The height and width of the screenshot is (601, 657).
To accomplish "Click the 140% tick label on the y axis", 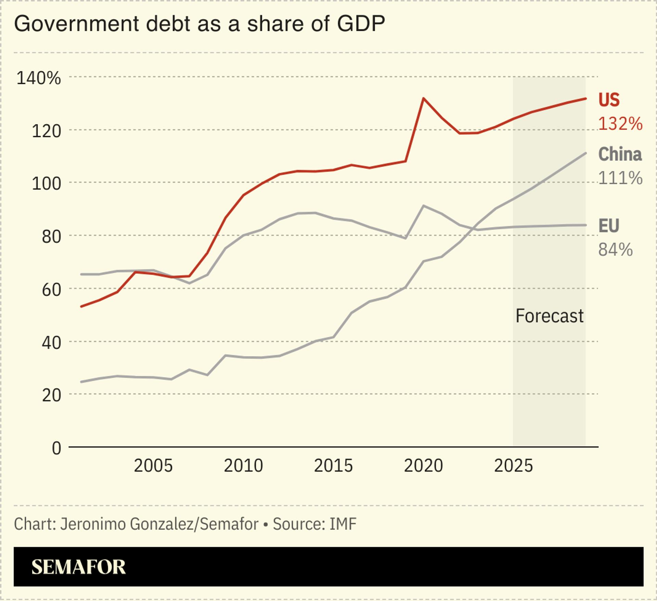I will (39, 78).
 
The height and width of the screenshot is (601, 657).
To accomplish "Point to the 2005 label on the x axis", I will (153, 466).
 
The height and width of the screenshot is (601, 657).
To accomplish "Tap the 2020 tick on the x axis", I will (423, 466).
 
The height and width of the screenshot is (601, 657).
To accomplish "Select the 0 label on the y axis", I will (56, 448).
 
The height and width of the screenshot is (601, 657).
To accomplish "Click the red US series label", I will (609, 100).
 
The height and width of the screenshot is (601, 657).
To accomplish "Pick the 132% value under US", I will (620, 124).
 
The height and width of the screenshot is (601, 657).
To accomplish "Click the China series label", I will (620, 154).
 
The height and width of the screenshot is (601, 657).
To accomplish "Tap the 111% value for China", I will (620, 178).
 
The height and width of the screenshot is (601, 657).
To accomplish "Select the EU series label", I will (608, 226).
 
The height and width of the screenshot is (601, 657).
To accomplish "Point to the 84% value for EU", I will (615, 250).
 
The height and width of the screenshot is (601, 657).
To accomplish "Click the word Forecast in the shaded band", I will (549, 316).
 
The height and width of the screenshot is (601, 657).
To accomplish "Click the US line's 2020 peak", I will (424, 99).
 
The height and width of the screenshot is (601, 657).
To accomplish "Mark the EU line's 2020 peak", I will (424, 206).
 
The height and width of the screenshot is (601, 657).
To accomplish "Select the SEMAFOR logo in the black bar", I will (79, 567).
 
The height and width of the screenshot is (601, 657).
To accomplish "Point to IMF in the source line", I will (343, 524).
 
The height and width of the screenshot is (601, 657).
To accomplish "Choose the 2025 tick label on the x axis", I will (513, 466).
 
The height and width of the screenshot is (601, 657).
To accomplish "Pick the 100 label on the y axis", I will (46, 184).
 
